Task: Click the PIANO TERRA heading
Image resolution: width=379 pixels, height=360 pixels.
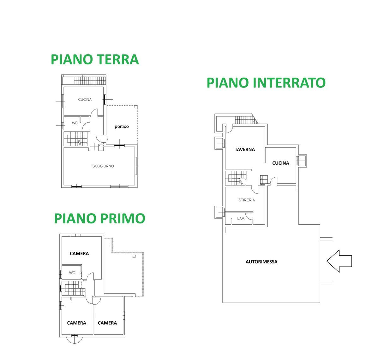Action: click(95, 59)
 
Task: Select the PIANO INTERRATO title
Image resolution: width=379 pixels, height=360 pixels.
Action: click(266, 83)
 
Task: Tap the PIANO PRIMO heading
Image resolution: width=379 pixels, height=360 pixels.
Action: click(99, 218)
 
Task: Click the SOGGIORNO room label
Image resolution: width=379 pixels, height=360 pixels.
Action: click(103, 166)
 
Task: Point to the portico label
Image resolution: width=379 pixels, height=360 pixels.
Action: click(122, 127)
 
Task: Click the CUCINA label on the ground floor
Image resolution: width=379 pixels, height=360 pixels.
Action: click(85, 99)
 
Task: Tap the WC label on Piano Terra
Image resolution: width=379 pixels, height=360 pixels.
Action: click(75, 123)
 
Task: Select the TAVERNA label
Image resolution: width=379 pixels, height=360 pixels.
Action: click(244, 149)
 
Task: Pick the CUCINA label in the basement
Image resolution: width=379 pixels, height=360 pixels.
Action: click(280, 163)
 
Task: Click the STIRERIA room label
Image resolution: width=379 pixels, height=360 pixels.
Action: click(247, 200)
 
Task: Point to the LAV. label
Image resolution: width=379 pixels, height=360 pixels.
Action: click(241, 218)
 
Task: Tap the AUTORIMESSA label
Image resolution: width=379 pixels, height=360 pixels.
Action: click(262, 262)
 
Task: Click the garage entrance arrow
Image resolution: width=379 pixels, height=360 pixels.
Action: click(339, 261)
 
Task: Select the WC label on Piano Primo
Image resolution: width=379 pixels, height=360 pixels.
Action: click(72, 273)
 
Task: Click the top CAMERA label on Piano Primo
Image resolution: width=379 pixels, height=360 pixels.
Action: click(79, 253)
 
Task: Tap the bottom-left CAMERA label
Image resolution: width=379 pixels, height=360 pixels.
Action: click(76, 323)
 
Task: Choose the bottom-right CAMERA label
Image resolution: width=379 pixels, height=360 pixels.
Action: click(107, 323)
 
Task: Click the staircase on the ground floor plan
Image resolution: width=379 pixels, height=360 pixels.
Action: click(75, 139)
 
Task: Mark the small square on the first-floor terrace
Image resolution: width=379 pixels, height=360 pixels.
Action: click(134, 256)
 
